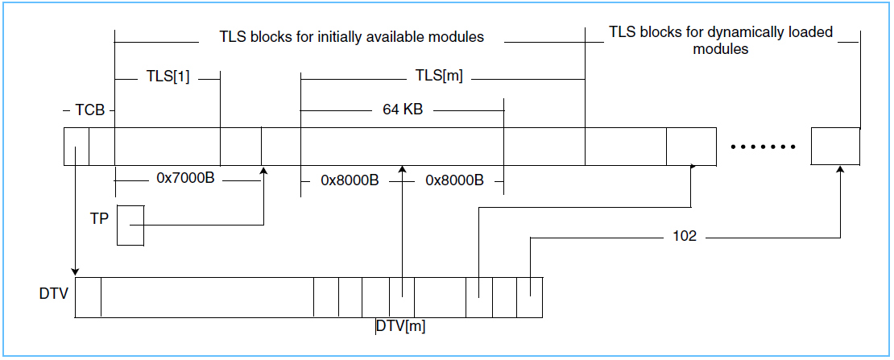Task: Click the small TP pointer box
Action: click(130, 226)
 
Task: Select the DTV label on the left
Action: click(53, 294)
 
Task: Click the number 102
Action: click(685, 237)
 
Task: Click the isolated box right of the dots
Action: click(835, 147)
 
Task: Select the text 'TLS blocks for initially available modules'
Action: click(351, 37)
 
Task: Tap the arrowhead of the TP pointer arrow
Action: click(264, 170)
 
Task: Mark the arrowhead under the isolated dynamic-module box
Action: click(840, 170)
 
